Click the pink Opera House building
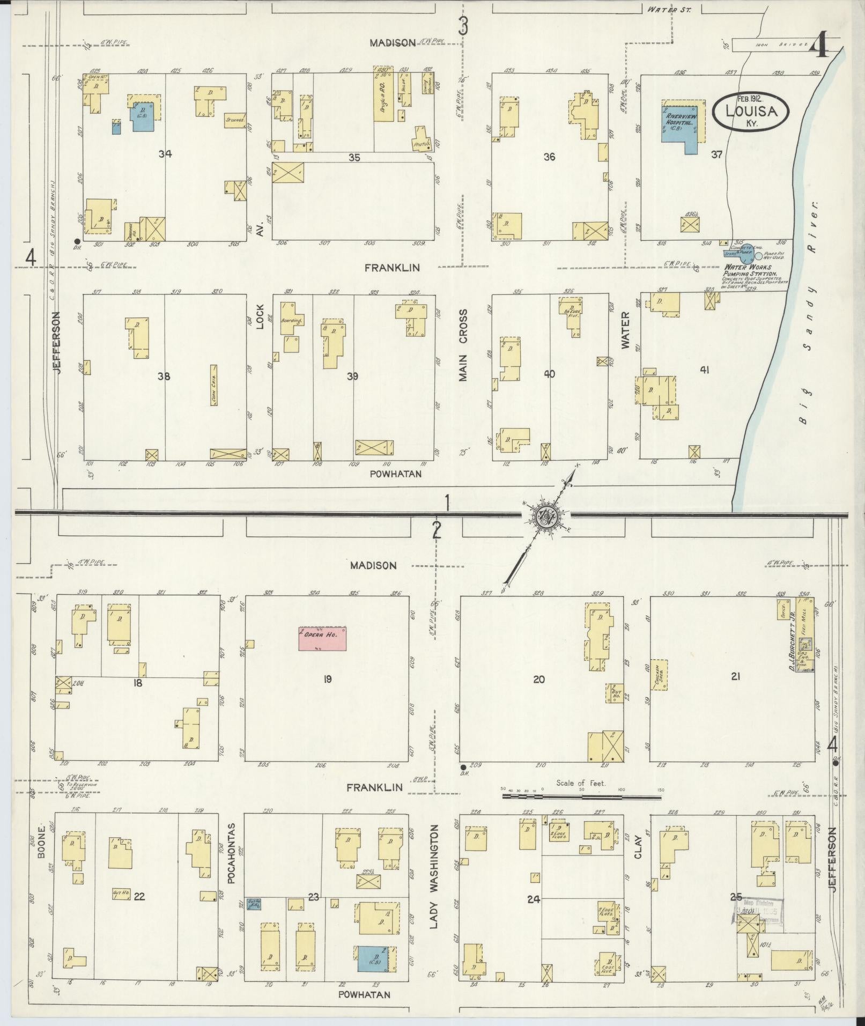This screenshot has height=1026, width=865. coord(322,638)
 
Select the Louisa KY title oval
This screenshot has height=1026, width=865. coord(751,111)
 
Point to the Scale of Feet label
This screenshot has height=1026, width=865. coord(581,783)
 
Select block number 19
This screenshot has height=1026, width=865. coord(327,680)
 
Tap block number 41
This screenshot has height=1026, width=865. coord(704,370)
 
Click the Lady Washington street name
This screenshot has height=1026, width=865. coord(434,869)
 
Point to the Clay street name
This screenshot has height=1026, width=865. coord(638,850)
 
